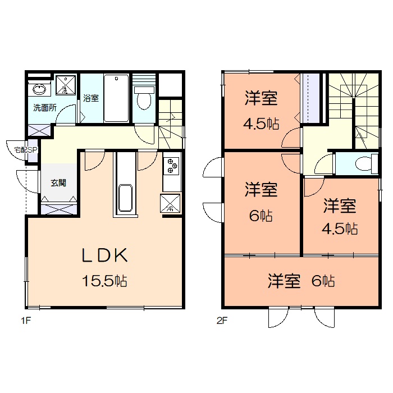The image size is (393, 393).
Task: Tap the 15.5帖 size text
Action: [105, 281]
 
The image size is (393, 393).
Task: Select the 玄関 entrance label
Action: [58, 182]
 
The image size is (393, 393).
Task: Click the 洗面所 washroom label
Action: [44, 108]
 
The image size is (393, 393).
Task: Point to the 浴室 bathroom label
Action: [91, 98]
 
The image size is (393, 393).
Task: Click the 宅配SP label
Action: [25, 150]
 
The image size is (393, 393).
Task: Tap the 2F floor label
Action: [223, 322]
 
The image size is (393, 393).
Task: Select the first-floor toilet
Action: [144, 98]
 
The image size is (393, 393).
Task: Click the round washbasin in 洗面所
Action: [39, 89]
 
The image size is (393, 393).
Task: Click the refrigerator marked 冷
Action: [170, 203]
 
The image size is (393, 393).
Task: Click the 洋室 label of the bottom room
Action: [284, 281]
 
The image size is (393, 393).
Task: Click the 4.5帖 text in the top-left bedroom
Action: [262, 124]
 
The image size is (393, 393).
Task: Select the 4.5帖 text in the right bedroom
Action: [340, 229]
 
